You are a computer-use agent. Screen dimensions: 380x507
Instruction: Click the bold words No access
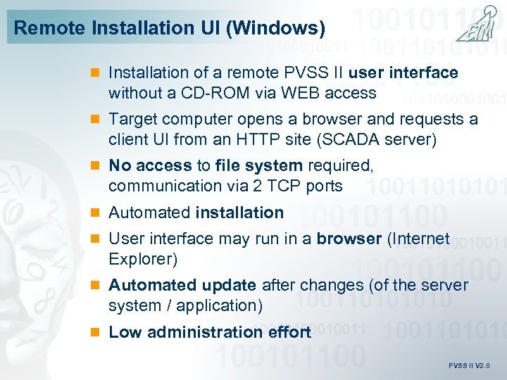150,165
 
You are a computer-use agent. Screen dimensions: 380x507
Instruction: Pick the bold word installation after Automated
239,213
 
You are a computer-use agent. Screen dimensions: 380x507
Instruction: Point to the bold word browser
349,239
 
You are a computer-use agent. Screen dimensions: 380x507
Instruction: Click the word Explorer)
143,259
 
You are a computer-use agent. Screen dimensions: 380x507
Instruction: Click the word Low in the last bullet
125,332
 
